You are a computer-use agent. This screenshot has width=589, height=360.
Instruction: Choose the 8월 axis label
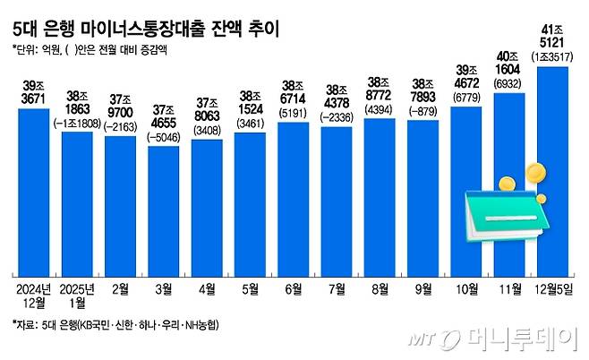pos(380,289)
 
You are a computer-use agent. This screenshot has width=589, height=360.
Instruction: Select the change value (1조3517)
pos(553,57)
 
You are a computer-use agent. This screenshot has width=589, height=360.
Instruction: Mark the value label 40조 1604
pos(509,64)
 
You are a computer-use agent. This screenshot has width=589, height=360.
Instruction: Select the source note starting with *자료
pos(116,323)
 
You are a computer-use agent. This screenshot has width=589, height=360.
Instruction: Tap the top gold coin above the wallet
pos(534,170)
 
